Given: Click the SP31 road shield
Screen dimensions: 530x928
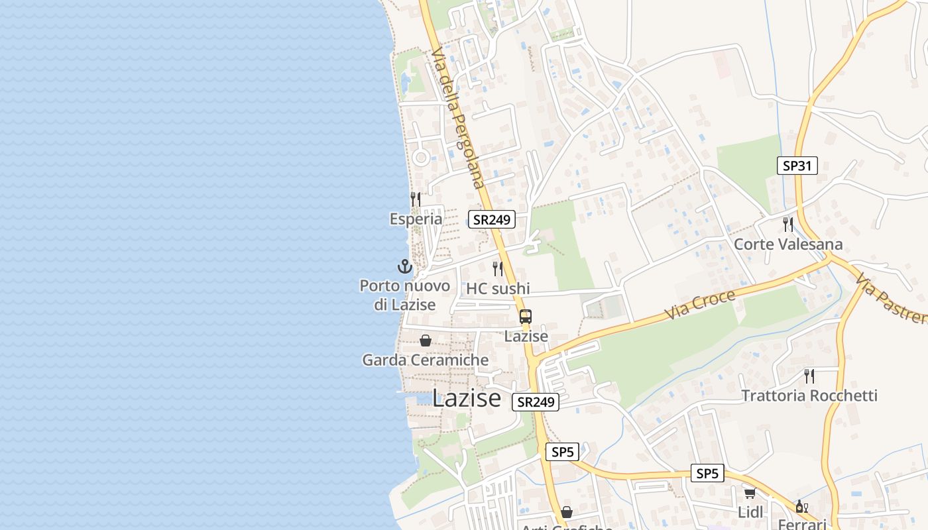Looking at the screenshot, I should pos(797,166).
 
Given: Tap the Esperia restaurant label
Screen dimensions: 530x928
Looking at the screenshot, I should pos(416,219).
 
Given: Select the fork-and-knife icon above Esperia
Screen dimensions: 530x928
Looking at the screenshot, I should pos(416,199).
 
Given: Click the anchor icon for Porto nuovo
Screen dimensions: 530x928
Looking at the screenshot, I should pos(404,266).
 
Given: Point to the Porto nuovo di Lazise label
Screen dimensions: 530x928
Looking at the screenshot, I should pos(404,295).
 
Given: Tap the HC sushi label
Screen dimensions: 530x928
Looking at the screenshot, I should pos(498,288).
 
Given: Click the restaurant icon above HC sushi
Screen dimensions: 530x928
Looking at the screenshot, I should pos(498,268).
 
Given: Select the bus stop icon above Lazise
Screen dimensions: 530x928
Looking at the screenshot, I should pos(526,317).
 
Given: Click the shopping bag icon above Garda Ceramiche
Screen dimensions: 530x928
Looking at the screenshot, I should pos(426,341).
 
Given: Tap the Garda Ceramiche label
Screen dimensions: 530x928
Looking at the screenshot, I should pos(426,360).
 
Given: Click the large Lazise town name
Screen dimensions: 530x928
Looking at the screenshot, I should pos(467,398).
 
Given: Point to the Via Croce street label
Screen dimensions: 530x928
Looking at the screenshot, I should pos(701,304).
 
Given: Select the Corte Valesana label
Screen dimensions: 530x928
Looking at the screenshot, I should pos(788,244).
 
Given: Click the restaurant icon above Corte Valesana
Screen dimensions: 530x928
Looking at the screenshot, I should pos(788,224).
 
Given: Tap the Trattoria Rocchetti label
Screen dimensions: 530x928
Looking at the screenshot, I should pos(809,396).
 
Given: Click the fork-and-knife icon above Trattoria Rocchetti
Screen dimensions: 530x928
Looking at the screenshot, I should pos(809,376).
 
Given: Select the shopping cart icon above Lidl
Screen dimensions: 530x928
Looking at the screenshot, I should pos(750,493).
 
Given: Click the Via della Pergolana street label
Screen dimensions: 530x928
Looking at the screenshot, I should pos(458,117).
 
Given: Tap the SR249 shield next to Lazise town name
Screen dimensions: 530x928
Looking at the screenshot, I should pos(535,401).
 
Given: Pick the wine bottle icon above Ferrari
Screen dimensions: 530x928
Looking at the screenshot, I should pos(801,507).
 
